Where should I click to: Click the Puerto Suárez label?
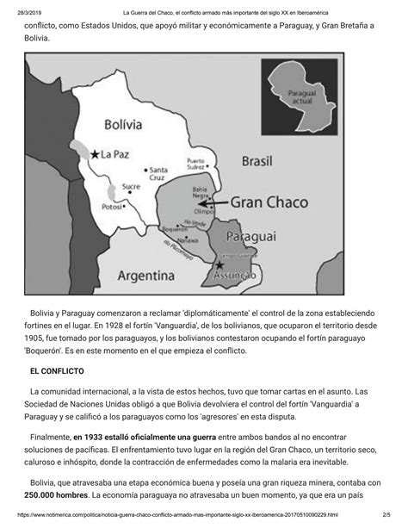pyautogui.click(x=197, y=163)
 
